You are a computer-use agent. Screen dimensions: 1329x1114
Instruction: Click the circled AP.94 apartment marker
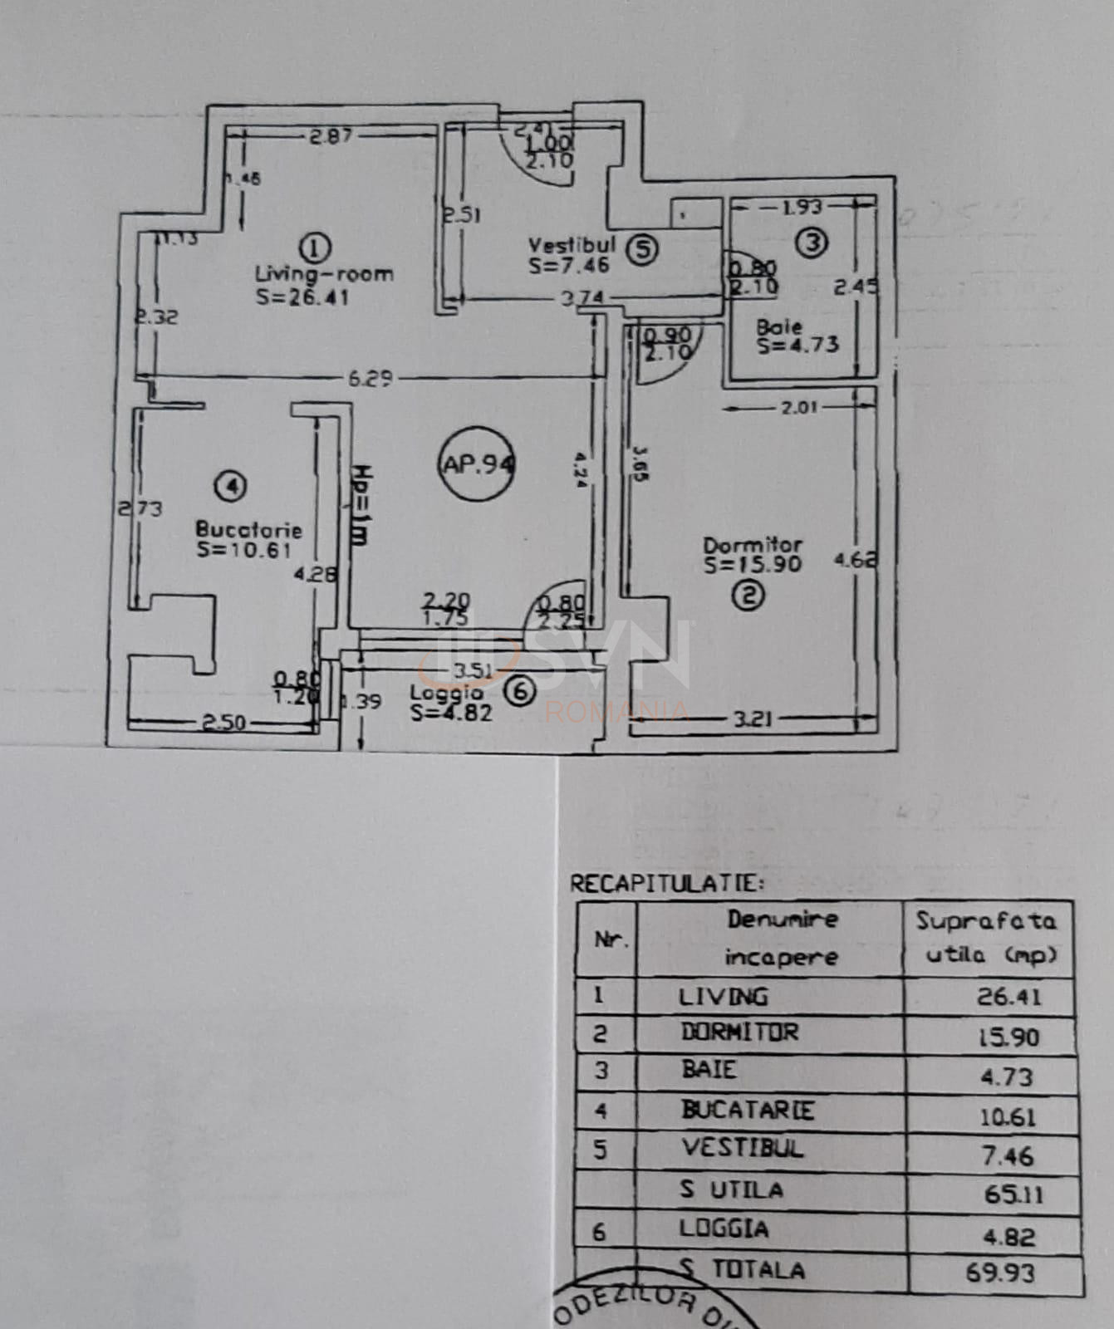coord(477,464)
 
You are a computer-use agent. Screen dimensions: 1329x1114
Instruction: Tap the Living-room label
coord(324,273)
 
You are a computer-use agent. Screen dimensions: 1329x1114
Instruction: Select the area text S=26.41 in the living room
coord(302,297)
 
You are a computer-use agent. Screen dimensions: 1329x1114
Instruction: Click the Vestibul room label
coord(572,245)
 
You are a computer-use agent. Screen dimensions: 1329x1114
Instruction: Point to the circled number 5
coord(642,249)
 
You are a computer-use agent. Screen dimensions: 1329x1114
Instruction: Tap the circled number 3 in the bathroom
coord(811,243)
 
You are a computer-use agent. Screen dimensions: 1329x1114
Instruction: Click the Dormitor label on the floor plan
coord(753,545)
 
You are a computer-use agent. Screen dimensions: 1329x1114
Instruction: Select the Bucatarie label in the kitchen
coord(248,529)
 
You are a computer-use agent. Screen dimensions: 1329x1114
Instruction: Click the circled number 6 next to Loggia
coord(520,691)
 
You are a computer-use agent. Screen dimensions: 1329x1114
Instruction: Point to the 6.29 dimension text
coord(370,379)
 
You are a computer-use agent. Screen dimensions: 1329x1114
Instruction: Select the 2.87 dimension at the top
coord(331,135)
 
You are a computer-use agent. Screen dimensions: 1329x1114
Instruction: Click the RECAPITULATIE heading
coord(666,883)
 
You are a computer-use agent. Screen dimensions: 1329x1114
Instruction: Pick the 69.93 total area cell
coord(1000,1272)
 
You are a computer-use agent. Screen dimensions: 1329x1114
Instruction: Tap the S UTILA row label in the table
coord(731,1189)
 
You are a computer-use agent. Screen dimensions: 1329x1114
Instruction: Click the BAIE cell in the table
coord(709,1069)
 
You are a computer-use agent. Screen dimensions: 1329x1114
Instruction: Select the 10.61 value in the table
coord(1007,1117)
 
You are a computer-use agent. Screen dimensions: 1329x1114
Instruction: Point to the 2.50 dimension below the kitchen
coord(223,723)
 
